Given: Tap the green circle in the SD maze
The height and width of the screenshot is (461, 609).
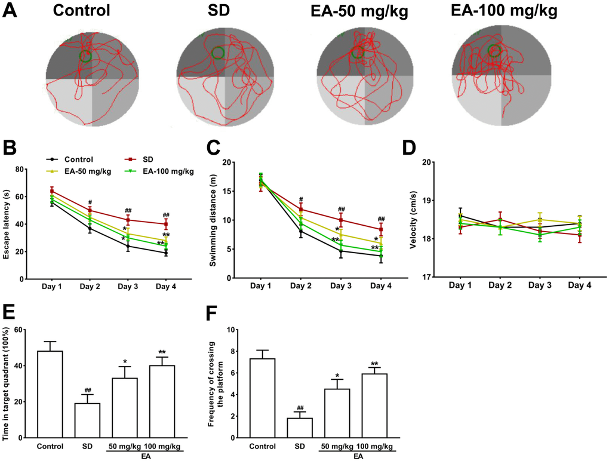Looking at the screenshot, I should click(x=218, y=53).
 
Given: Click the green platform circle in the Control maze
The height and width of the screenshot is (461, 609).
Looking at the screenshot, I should click(x=85, y=57).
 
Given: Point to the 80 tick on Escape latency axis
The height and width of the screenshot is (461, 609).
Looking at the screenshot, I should click(x=27, y=170).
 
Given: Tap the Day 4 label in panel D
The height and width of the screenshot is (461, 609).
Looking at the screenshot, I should click(x=580, y=286).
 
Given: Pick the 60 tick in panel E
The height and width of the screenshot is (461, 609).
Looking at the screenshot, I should click(x=27, y=330).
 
